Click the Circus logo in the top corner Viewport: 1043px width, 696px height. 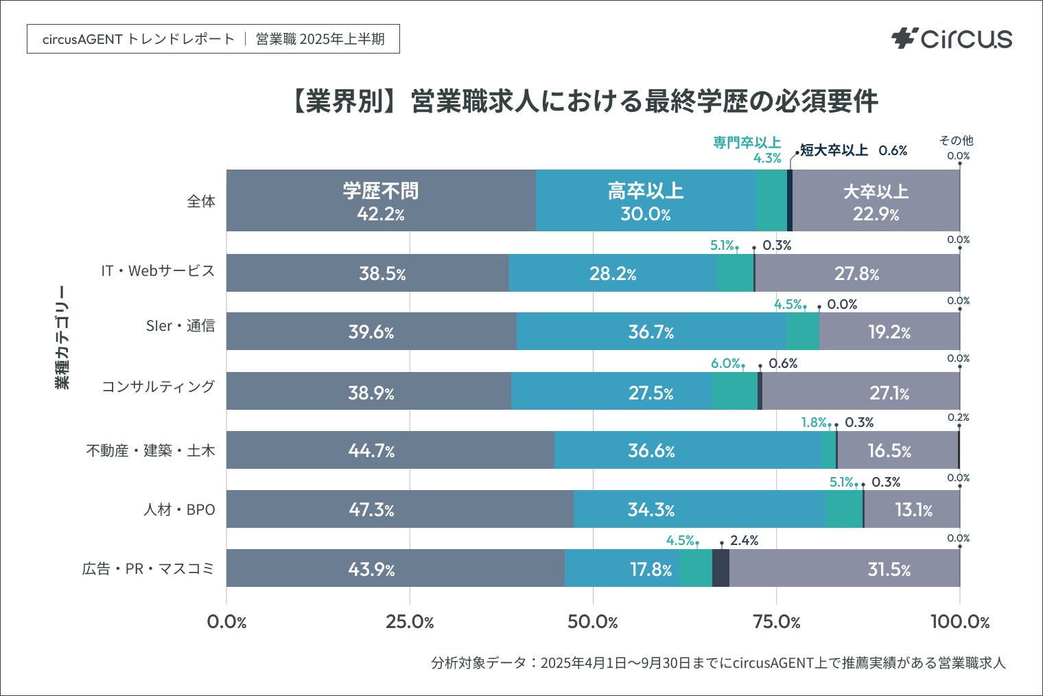pos(951,38)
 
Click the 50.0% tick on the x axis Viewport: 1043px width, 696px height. pos(593,623)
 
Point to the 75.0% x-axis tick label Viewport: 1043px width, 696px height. pos(776,623)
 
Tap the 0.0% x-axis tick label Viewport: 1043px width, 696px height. pos(226,623)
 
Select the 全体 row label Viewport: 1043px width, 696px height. pos(201,201)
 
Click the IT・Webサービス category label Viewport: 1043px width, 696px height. pos(158,271)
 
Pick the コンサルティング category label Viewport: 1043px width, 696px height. pos(158,386)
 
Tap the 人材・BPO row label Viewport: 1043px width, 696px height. pos(179,510)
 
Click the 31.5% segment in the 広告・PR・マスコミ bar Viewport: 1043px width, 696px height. pos(889,569)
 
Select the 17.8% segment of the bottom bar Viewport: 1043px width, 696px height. pos(651,569)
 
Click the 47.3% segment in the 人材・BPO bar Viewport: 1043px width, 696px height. pos(371,510)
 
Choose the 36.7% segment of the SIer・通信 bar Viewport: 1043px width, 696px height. pos(651,332)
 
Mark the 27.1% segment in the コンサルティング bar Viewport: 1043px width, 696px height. pos(889,393)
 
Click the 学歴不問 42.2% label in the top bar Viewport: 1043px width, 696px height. pos(381,202)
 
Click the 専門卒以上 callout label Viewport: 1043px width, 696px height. pos(747,143)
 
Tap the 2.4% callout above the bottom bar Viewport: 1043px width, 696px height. pos(744,541)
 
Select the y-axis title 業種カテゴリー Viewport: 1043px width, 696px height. pos(62,337)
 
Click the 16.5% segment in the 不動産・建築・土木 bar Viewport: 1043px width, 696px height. pos(889,451)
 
